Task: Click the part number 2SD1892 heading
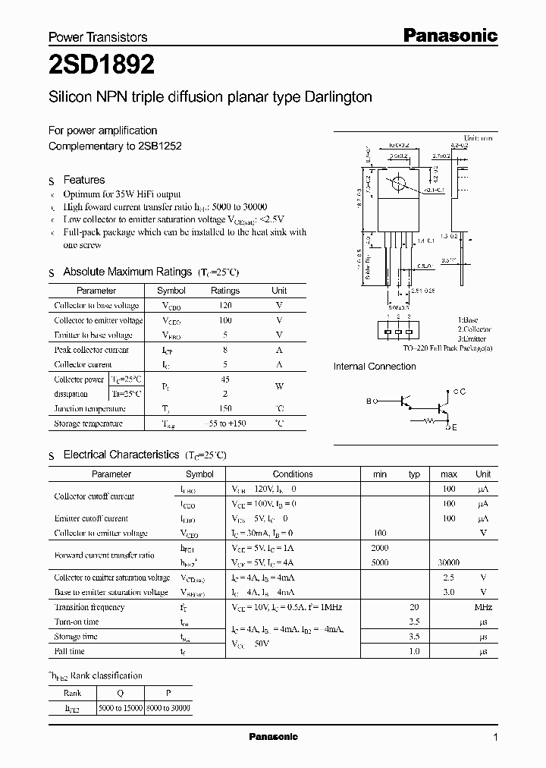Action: (102, 66)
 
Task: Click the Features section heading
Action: (83, 180)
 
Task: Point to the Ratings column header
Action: (224, 291)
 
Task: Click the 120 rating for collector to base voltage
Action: (224, 305)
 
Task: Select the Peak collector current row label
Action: (91, 350)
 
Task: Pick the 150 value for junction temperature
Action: (224, 408)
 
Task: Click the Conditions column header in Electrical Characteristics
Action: (293, 474)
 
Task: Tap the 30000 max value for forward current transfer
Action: (449, 563)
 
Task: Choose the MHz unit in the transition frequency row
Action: (483, 607)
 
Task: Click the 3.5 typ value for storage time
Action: (414, 637)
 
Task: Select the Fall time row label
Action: (70, 651)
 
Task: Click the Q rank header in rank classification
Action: (120, 693)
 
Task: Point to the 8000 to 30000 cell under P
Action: (168, 707)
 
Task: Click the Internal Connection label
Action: (375, 367)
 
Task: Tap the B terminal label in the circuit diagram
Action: (369, 401)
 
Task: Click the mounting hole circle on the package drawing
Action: (396, 184)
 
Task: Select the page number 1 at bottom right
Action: (495, 738)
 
